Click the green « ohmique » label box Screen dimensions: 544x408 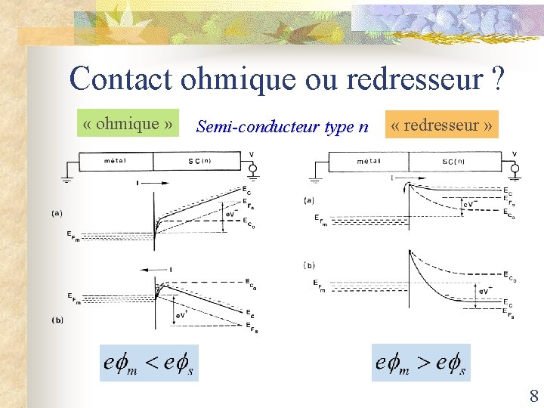129,123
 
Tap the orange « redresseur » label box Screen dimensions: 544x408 443,125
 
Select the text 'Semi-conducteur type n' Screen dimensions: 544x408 282,126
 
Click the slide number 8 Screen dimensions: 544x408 534,395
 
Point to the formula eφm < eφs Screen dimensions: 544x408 149,363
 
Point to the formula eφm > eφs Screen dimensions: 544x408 421,363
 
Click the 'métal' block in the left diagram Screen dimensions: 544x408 116,161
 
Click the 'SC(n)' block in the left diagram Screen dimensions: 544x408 199,161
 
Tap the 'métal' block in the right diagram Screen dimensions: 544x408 368,161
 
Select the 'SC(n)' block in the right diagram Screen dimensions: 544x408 453,161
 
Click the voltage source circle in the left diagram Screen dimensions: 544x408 252,167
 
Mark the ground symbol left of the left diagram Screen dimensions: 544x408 66,179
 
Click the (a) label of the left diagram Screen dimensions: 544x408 57,214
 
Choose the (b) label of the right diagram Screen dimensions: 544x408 309,265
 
